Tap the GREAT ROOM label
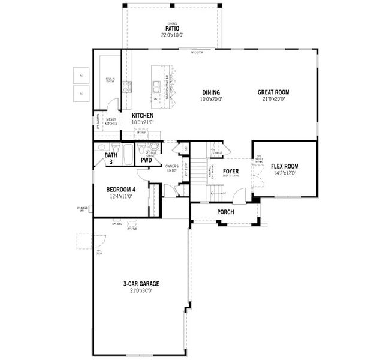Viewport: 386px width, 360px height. [273, 92]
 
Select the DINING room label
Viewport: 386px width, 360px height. [210, 92]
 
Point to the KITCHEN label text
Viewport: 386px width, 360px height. [143, 116]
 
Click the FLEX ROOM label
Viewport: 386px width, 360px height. [285, 166]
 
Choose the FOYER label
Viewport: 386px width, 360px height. [231, 172]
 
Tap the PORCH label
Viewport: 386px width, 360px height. [226, 212]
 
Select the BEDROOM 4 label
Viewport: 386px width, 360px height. [121, 189]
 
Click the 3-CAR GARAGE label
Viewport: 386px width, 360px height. [141, 284]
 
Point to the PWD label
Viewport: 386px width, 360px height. [146, 161]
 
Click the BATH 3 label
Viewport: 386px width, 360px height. [111, 158]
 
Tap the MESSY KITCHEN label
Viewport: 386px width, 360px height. [111, 121]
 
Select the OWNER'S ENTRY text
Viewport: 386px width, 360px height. [172, 168]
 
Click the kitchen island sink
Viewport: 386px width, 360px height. [155, 85]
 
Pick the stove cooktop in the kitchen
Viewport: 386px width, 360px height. [126, 88]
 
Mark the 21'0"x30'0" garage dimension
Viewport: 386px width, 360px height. [141, 290]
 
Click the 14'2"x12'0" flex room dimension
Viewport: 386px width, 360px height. [285, 173]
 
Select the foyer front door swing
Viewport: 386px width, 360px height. [241, 196]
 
